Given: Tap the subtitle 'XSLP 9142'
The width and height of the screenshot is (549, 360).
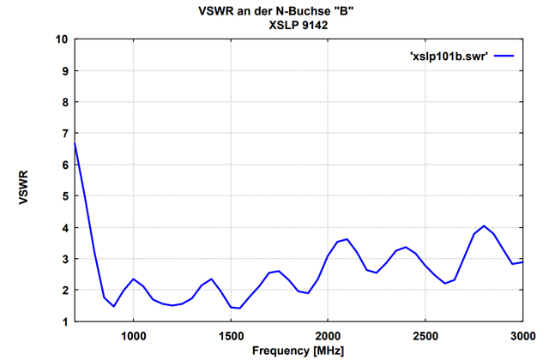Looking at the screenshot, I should [x=298, y=26].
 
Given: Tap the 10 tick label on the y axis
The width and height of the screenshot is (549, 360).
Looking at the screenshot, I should [x=61, y=39].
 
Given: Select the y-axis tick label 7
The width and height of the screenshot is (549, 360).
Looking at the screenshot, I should [x=64, y=134].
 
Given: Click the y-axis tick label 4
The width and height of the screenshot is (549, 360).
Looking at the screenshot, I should [x=64, y=227].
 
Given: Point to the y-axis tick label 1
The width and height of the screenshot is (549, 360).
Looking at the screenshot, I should [x=64, y=321].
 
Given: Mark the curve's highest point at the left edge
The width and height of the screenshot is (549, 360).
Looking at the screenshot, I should [x=75, y=143].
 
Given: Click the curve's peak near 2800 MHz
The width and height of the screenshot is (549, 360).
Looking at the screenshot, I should [x=484, y=226].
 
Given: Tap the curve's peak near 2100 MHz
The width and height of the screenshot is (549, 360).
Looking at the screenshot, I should [x=347, y=239].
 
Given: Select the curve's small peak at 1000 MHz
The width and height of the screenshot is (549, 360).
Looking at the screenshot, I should [x=133, y=279].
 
